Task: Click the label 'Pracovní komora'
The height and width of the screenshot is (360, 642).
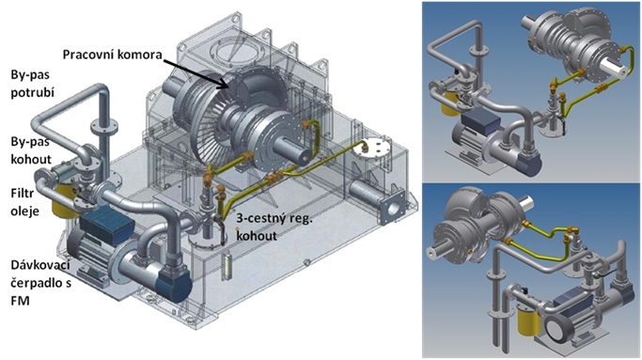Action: pos(112,55)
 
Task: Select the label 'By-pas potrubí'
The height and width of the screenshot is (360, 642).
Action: pos(32,84)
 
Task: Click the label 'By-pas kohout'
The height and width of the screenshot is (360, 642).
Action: pos(31,150)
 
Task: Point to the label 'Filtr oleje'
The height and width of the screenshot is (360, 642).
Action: pos(25,201)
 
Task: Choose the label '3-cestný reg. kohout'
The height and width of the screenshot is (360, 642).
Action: pos(274,227)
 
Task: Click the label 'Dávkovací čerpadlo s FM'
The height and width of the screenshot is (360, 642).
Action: pos(40,283)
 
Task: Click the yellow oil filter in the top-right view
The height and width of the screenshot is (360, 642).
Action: pos(451,103)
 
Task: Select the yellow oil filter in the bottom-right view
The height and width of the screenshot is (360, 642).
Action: pos(529,321)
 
